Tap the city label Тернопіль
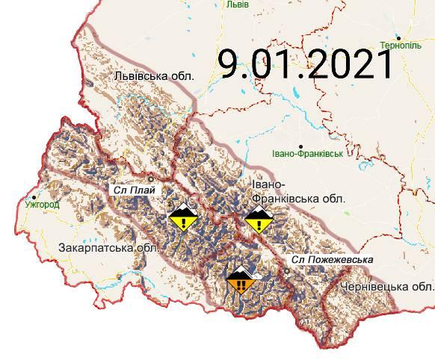pyautogui.click(x=401, y=46)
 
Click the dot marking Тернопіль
pyautogui.click(x=399, y=37)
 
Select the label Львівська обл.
pyautogui.click(x=154, y=76)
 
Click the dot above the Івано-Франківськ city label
pyautogui.click(x=300, y=146)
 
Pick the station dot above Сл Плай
pyautogui.click(x=150, y=179)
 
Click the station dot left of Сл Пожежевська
pyautogui.click(x=287, y=270)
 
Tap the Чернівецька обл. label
pyautogui.click(x=386, y=287)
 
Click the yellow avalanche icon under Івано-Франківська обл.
pyautogui.click(x=259, y=220)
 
